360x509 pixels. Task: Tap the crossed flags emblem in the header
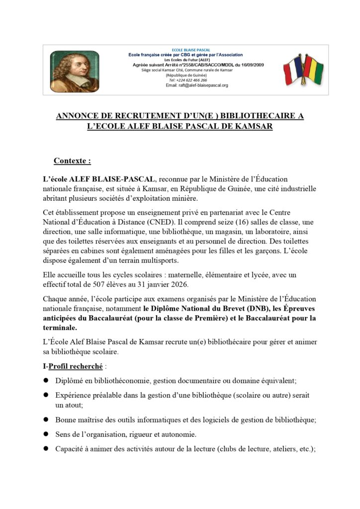[303, 70]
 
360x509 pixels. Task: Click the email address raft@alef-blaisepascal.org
[197, 85]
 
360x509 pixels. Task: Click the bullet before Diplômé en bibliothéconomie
[45, 380]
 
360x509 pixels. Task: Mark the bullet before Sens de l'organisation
[45, 434]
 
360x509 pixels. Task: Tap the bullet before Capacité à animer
[45, 449]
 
